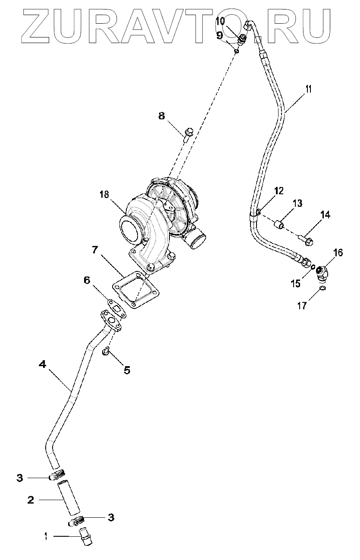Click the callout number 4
coord(42,364)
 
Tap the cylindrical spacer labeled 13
coord(280,224)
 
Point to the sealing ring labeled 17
coord(322,288)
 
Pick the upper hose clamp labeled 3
coord(58,476)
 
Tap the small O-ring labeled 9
coord(237,52)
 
